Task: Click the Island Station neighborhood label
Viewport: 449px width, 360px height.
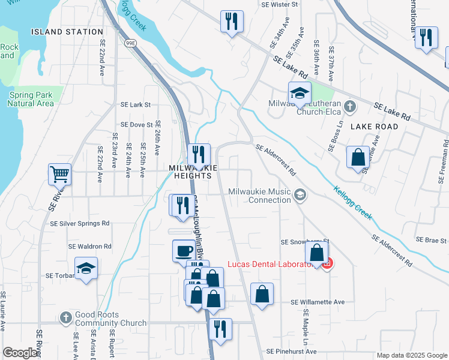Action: coord(67,31)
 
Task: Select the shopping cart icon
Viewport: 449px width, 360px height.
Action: coord(60,174)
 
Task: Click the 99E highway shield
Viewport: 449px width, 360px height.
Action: coord(130,43)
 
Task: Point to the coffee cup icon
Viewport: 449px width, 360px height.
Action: coord(184,251)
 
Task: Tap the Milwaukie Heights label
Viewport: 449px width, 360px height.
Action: coord(190,172)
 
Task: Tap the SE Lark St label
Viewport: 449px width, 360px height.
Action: coord(135,104)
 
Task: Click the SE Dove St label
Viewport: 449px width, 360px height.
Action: coord(137,125)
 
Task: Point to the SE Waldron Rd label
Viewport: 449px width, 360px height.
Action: coord(90,246)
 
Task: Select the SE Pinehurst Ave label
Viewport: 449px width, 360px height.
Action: coord(292,351)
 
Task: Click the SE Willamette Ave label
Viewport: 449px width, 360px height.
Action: coord(318,302)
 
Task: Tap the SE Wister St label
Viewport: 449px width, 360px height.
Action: coord(280,4)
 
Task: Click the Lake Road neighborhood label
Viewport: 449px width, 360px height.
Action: coord(374,127)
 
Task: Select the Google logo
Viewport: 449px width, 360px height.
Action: coord(20,353)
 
